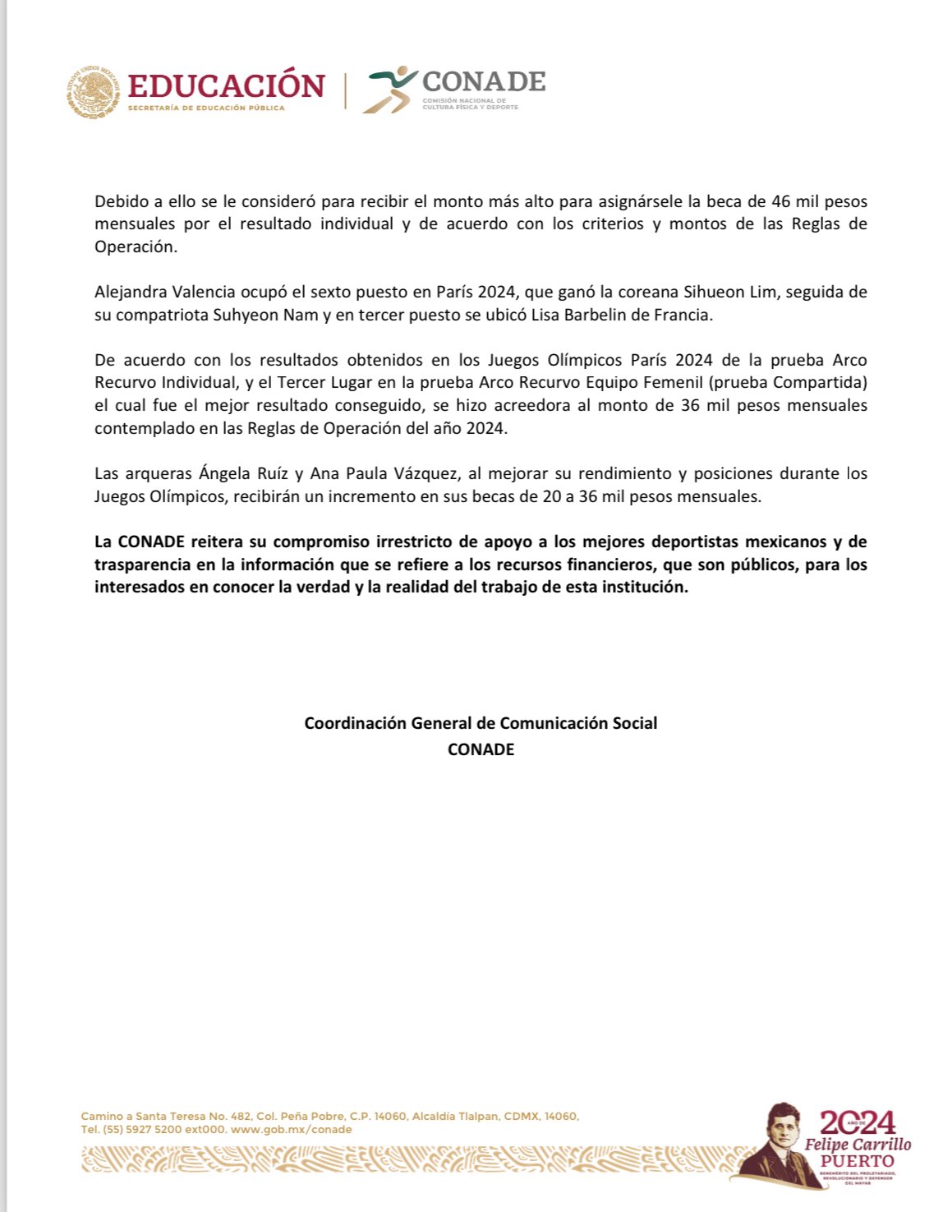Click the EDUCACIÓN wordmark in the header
pos(226,85)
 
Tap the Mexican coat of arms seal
pos(93,92)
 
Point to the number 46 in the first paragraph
pos(780,201)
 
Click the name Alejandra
pos(128,292)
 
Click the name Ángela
pos(223,473)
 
